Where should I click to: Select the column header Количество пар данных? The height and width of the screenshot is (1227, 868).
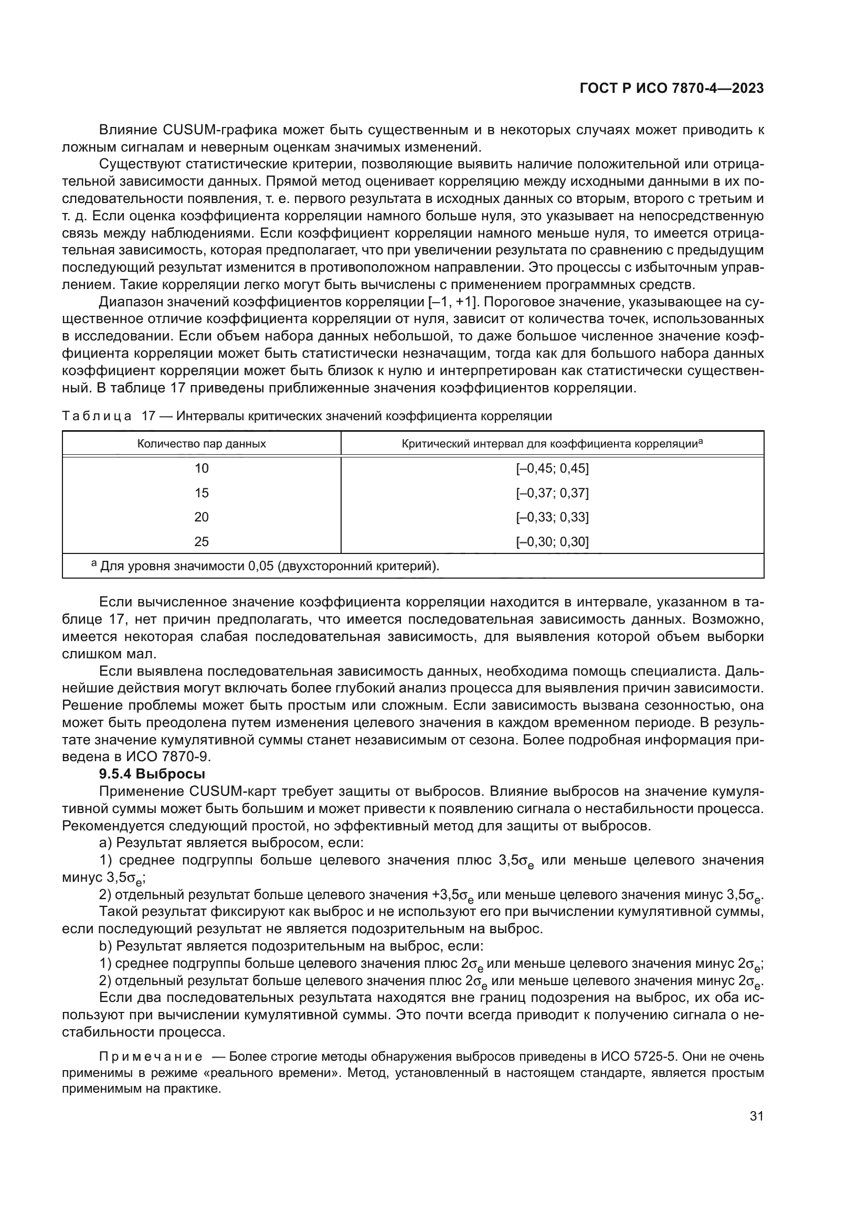click(202, 444)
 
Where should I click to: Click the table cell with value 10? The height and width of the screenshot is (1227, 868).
click(202, 468)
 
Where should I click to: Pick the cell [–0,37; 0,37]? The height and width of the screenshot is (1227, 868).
click(552, 493)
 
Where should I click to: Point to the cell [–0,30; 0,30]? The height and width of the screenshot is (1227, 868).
click(552, 542)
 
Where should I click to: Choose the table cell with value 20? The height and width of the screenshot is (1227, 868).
click(202, 517)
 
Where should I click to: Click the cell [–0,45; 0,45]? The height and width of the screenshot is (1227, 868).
click(552, 468)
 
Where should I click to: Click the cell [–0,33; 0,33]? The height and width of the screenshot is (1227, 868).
click(552, 517)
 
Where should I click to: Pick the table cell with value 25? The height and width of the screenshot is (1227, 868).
click(202, 542)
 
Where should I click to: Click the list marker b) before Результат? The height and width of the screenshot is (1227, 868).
click(105, 947)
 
